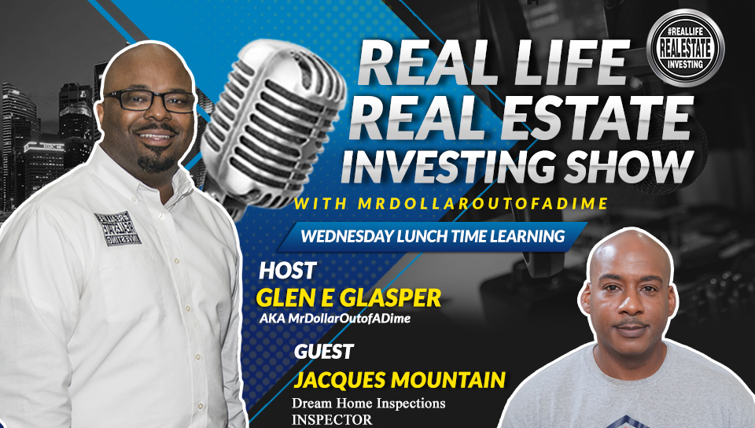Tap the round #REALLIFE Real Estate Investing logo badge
(x=685, y=48)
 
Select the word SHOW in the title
(x=629, y=167)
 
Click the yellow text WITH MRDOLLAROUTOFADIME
(x=451, y=204)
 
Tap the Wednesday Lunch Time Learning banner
(x=432, y=236)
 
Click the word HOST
(x=288, y=271)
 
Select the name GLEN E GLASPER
(x=348, y=298)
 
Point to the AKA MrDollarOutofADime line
(x=335, y=318)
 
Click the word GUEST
(x=323, y=352)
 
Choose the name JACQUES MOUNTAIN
(x=400, y=380)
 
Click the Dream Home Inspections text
(x=368, y=403)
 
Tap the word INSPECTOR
(x=332, y=420)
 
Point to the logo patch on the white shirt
(x=117, y=228)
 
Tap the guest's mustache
(x=632, y=323)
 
